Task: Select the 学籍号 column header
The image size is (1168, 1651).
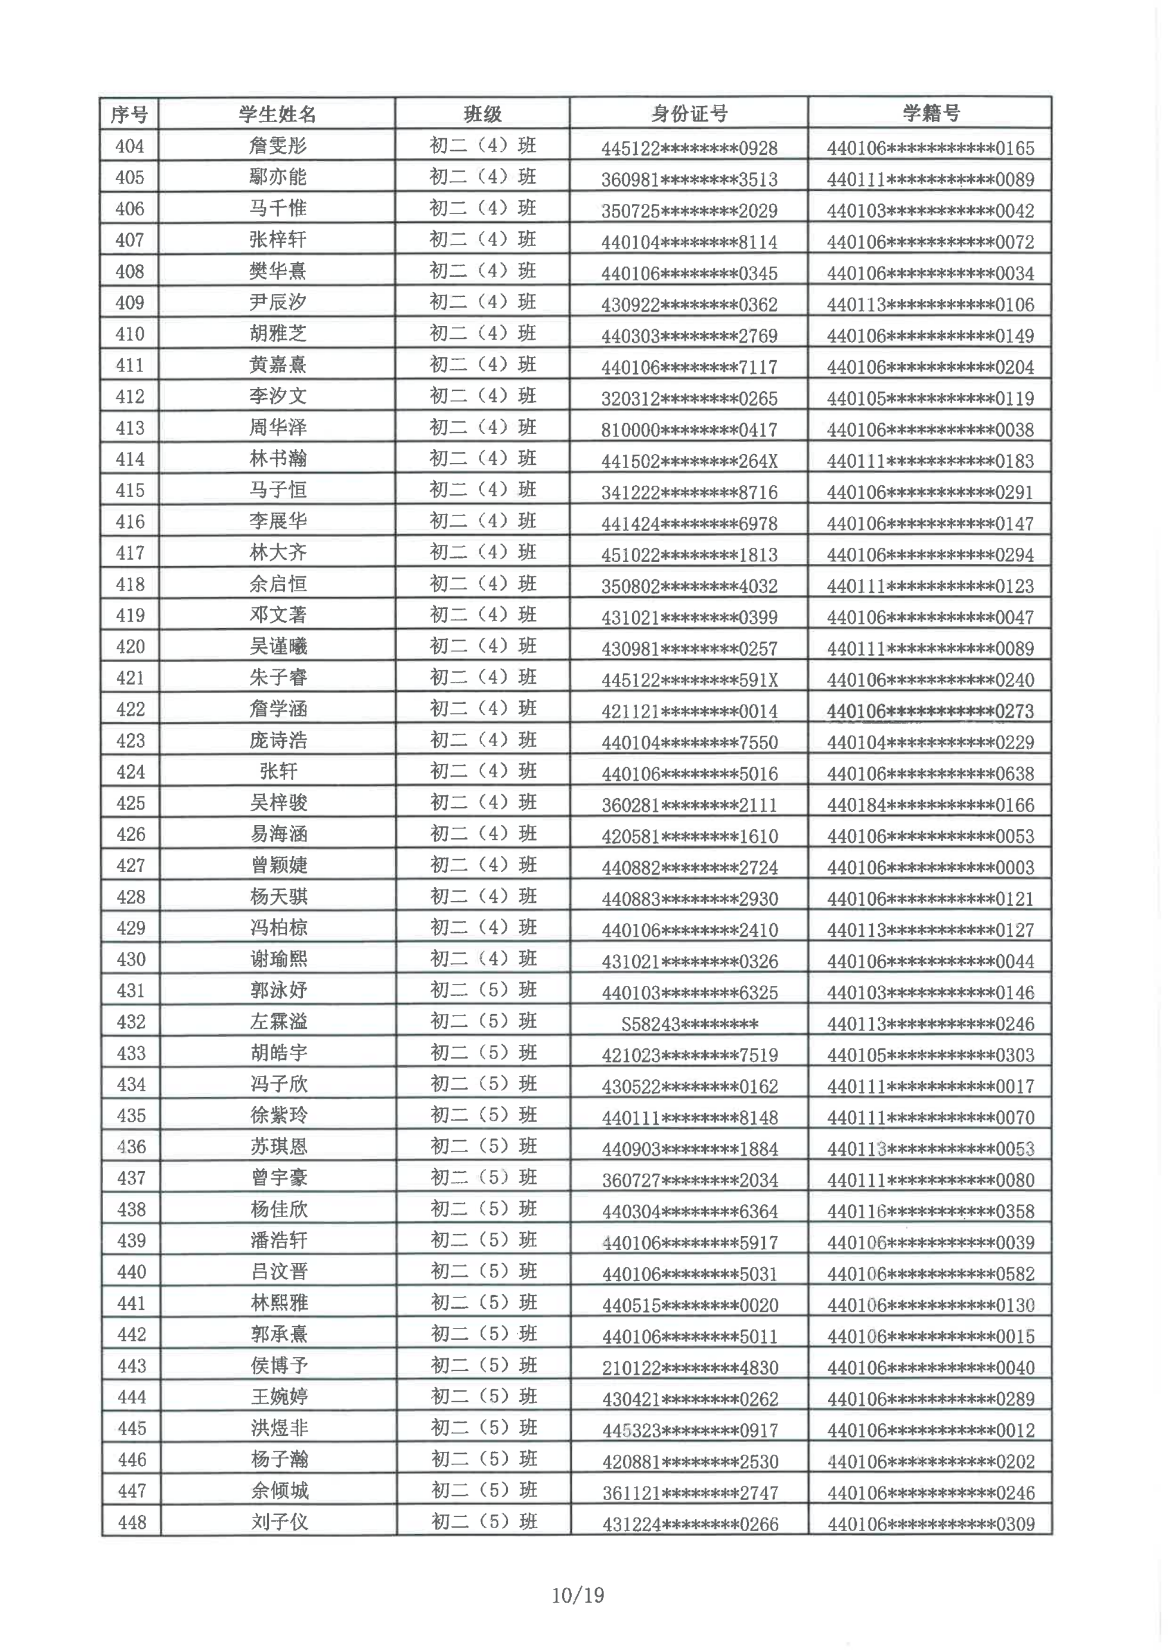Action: (930, 113)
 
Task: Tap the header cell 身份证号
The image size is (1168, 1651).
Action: (689, 114)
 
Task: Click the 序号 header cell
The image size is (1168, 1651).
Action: (129, 114)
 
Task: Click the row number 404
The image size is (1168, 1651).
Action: (129, 147)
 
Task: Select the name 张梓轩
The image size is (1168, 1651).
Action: (278, 240)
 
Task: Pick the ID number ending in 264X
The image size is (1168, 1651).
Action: (689, 461)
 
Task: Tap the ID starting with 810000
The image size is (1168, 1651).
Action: (689, 430)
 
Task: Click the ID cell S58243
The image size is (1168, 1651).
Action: (689, 1024)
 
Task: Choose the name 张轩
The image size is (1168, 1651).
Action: (278, 772)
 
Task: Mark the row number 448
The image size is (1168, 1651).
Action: (132, 1522)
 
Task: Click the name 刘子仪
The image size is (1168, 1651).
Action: (279, 1522)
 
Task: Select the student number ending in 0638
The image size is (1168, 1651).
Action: (930, 774)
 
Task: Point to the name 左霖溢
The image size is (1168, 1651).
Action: (278, 1022)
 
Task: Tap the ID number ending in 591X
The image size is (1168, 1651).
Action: (689, 680)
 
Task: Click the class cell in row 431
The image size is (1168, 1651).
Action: (484, 990)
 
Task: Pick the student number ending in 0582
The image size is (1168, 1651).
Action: (931, 1274)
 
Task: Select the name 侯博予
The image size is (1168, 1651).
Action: (279, 1366)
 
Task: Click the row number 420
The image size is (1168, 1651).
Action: (130, 647)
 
